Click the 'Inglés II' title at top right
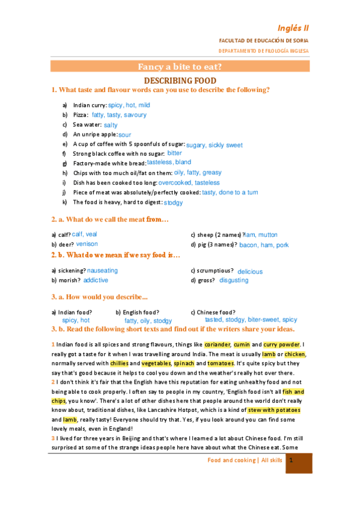293,28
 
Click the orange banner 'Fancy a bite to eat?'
180,67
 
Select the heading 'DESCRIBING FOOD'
180,80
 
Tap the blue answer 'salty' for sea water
111,125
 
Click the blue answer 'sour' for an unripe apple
124,135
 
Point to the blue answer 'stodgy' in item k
173,203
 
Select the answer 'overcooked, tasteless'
189,183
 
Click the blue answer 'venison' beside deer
87,244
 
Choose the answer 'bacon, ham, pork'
264,245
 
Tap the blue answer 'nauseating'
102,271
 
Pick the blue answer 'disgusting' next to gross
234,280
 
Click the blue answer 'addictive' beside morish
96,280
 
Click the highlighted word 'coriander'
217,345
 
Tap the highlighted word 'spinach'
183,364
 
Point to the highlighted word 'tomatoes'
221,364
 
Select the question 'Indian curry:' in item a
90,105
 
